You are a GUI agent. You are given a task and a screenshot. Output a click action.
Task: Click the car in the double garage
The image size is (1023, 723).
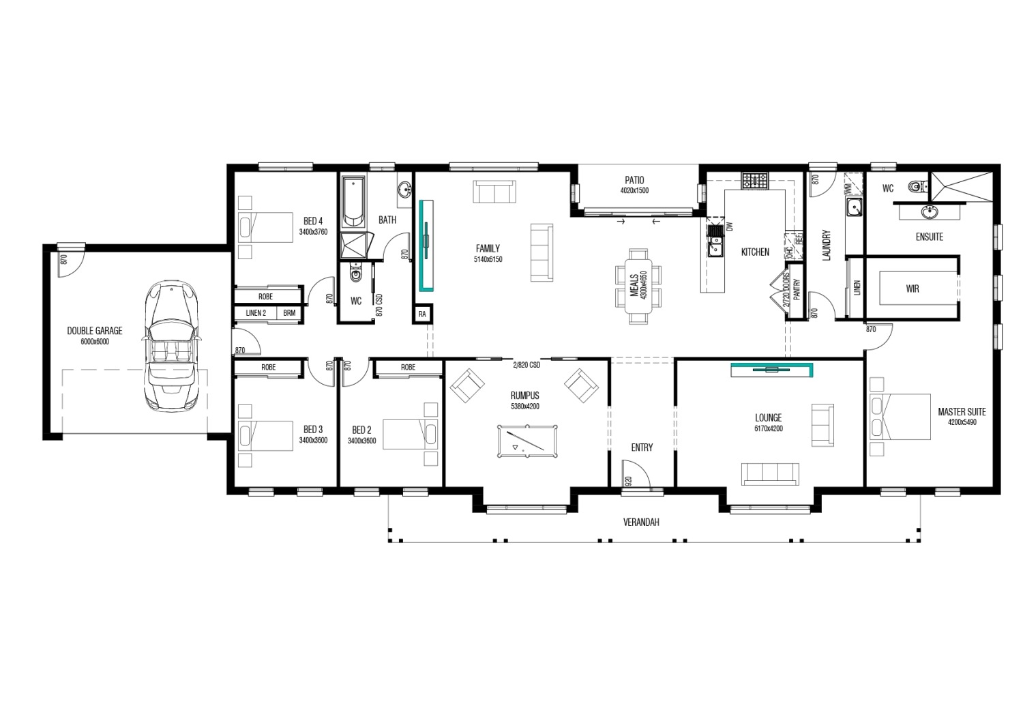click(172, 346)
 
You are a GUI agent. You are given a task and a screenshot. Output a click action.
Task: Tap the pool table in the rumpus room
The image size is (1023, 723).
click(527, 441)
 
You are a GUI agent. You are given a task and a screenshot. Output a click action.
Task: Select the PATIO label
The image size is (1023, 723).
click(634, 180)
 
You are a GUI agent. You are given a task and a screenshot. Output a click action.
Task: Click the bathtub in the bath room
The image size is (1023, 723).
click(354, 203)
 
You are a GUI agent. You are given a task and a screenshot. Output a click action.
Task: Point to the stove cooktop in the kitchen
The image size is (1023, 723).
click(755, 180)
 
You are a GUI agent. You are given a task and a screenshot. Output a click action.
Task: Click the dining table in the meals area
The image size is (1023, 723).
click(638, 286)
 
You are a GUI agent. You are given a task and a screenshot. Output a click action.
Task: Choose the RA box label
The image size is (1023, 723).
click(422, 314)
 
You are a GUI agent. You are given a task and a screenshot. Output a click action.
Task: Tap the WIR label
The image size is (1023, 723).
click(912, 289)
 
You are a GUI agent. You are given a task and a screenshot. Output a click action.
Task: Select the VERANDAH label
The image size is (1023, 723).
click(641, 522)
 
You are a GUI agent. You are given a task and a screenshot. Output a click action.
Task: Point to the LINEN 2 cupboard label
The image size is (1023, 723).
click(256, 313)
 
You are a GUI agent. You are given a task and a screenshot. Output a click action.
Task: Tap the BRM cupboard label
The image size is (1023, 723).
click(290, 313)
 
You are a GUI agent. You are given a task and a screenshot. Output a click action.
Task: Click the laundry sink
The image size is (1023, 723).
click(853, 208)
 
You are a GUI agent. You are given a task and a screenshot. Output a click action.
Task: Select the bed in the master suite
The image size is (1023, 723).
click(900, 417)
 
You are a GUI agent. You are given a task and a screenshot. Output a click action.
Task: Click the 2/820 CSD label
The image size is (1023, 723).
click(526, 365)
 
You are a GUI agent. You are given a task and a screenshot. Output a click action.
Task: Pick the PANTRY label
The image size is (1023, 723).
click(797, 290)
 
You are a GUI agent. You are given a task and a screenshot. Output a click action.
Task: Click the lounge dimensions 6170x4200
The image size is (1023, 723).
click(769, 428)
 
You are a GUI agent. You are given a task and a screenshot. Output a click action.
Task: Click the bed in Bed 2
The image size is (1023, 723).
click(410, 434)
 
